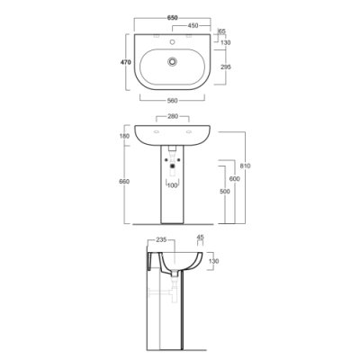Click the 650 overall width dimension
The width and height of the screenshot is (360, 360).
tap(173, 18)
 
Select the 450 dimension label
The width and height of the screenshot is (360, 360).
tap(193, 26)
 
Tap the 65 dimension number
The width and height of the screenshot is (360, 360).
tap(222, 31)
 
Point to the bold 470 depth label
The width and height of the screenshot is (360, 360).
tap(125, 62)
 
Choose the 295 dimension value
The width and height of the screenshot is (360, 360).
tap(226, 67)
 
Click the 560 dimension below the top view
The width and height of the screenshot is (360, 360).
tap(172, 101)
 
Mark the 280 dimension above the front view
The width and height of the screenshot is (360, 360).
tap(173, 116)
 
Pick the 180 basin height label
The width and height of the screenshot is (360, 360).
tap(124, 136)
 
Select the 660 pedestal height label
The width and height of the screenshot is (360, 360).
tap(124, 182)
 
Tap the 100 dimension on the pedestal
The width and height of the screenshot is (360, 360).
tap(173, 185)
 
